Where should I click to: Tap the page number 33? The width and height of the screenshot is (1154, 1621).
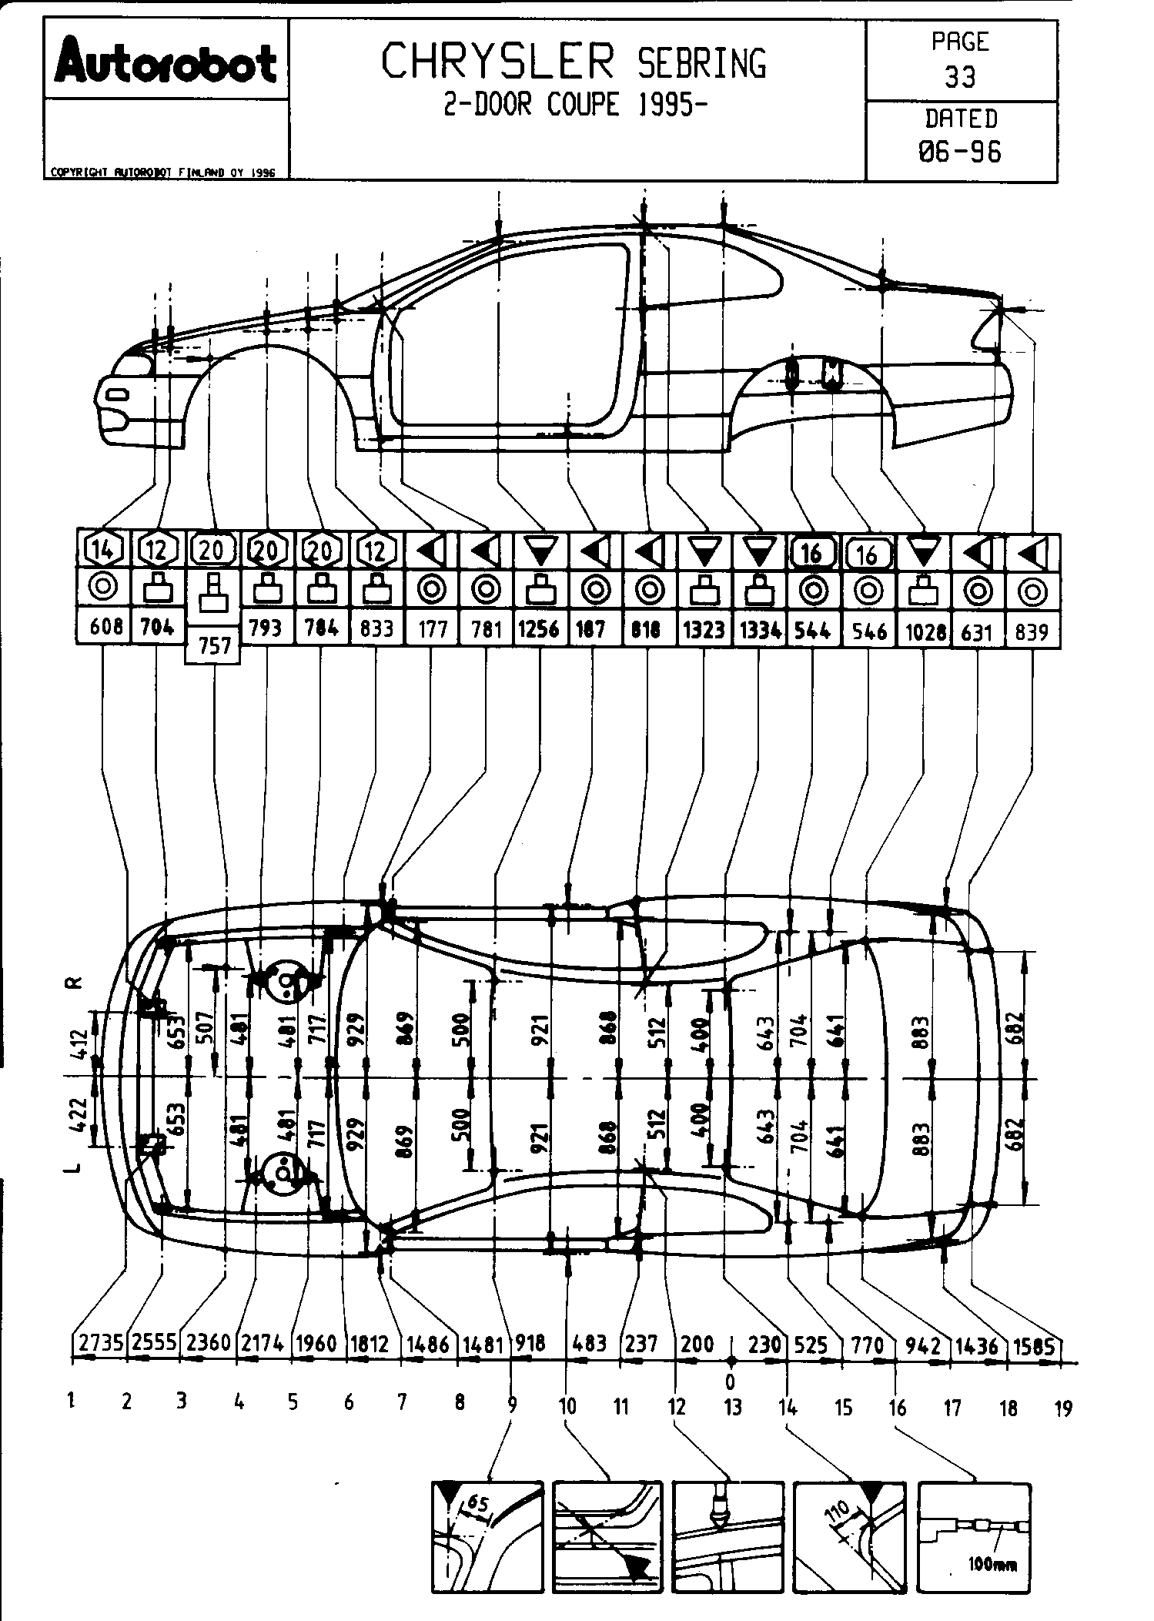coord(960,77)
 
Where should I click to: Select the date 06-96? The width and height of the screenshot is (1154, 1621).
coord(960,152)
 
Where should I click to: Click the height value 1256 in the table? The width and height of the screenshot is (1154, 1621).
coord(538,629)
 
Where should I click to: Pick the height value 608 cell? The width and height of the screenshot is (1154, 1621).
coord(105,628)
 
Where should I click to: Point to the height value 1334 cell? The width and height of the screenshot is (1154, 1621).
coord(760,630)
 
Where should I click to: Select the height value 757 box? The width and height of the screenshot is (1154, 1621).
coord(214,644)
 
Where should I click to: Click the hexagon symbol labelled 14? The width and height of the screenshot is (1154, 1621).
coord(105,550)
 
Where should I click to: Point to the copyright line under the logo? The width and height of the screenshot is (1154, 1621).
coord(162,173)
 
